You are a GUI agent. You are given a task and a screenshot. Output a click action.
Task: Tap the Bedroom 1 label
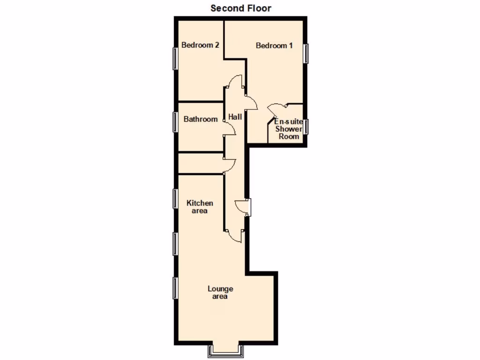click(274, 46)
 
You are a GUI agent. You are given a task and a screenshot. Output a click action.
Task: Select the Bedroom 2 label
click(201, 45)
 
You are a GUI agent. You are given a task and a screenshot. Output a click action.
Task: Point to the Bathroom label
click(201, 120)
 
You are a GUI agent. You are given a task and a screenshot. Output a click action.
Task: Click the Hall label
click(235, 117)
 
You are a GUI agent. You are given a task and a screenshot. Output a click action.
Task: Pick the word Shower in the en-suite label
click(289, 129)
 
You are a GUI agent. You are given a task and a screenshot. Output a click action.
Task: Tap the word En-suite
click(288, 121)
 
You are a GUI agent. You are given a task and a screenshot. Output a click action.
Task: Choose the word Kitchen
click(200, 203)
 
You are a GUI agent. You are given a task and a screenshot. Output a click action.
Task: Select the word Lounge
click(220, 289)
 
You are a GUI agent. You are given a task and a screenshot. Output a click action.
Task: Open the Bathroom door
click(229, 128)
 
